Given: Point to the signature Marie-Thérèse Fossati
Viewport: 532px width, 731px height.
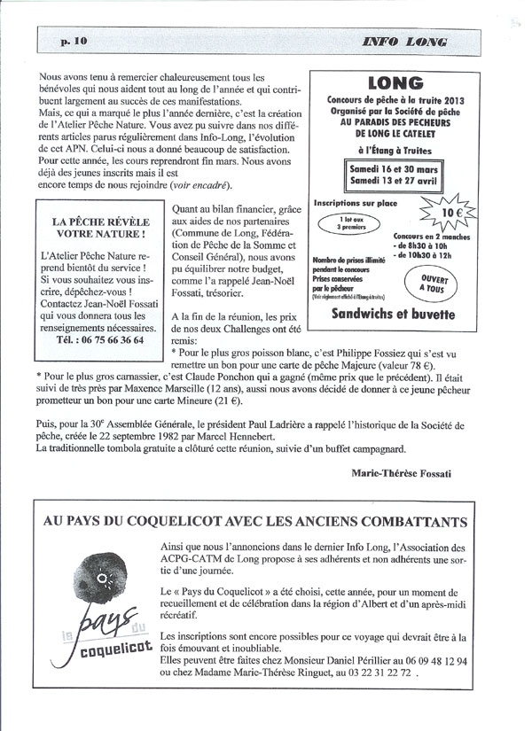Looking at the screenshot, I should pos(401,473).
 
